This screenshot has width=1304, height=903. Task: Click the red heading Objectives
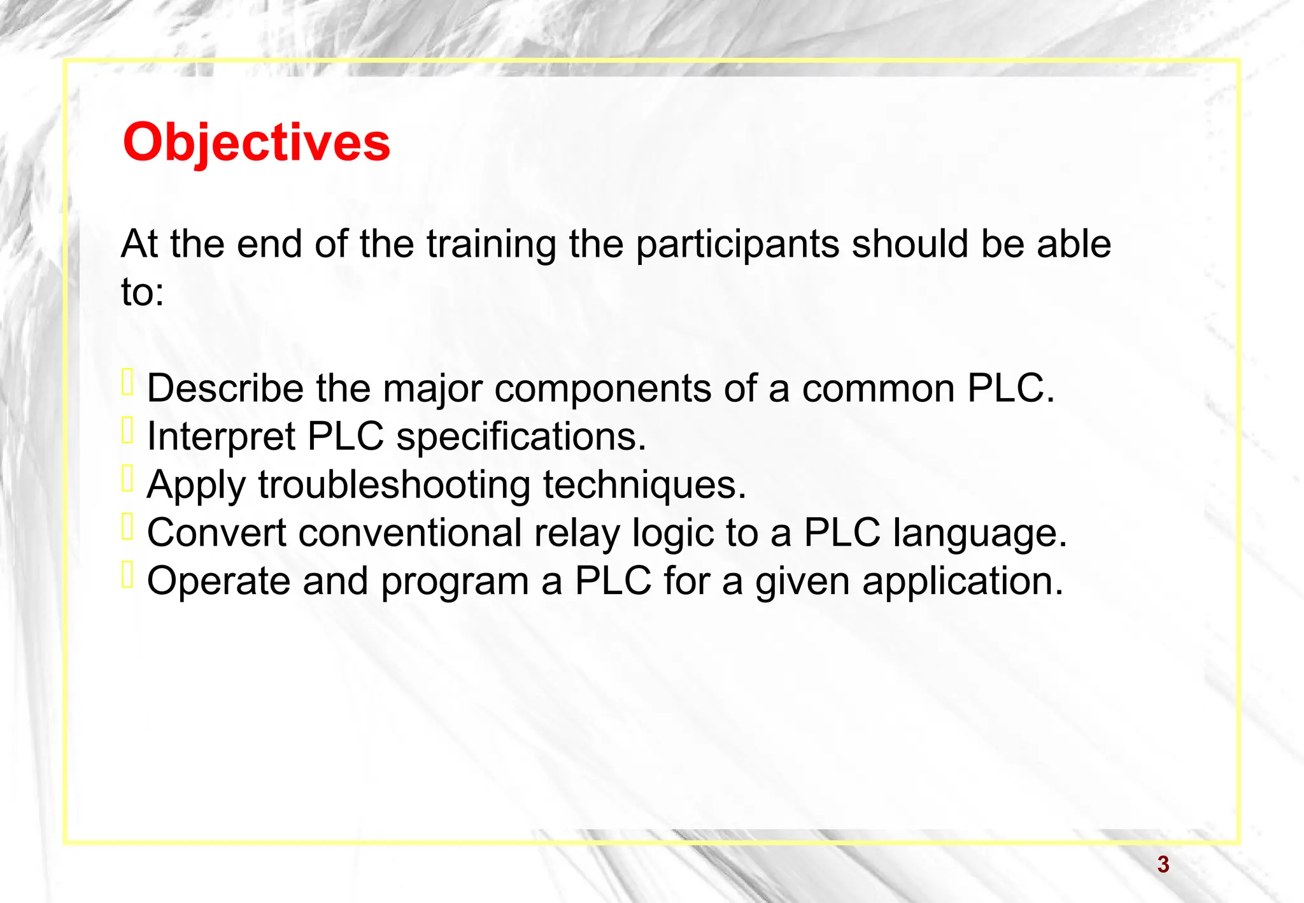tap(256, 143)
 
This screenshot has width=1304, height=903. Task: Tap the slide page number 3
tap(1163, 865)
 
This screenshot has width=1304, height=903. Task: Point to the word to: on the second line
tap(143, 293)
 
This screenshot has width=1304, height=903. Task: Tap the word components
tap(602, 389)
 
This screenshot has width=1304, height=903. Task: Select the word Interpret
tap(221, 437)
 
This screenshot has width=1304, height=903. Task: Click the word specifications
tap(521, 437)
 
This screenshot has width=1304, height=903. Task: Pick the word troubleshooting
tap(394, 485)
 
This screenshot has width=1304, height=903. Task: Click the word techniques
tap(644, 485)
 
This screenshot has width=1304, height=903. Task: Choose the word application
tap(963, 581)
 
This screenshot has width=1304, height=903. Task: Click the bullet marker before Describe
tap(127, 383)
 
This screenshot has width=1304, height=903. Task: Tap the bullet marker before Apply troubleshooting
tap(127, 479)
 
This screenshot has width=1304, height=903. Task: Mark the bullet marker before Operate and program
tap(127, 575)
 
